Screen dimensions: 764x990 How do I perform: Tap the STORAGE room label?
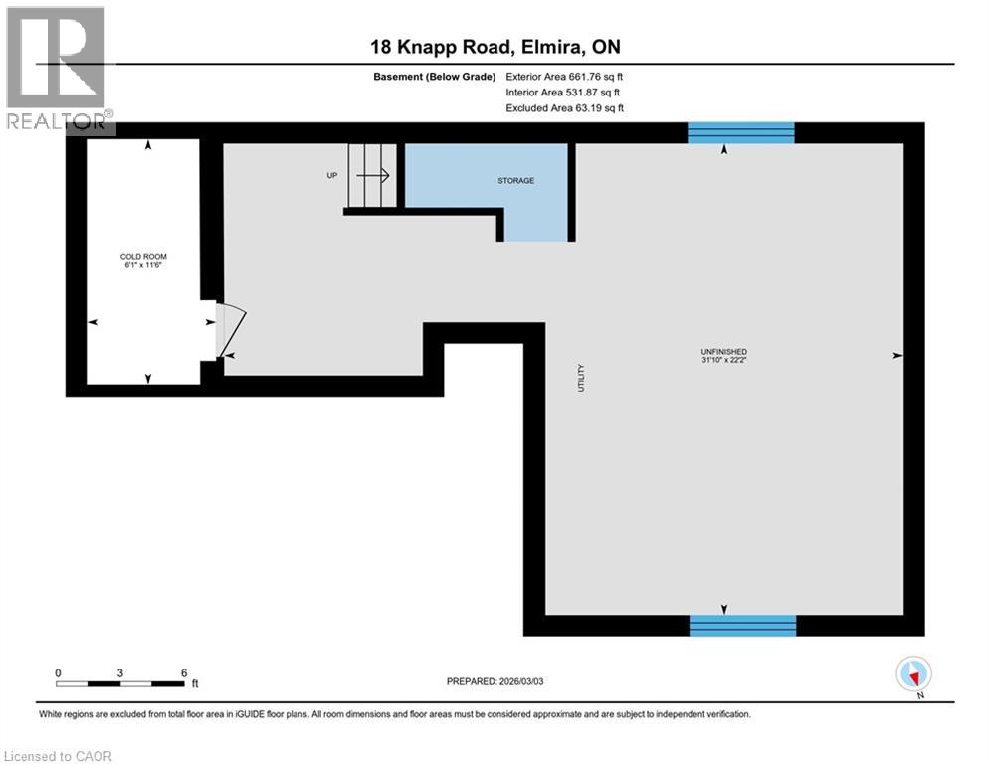click(x=516, y=181)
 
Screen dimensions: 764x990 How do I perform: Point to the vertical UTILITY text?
click(x=582, y=377)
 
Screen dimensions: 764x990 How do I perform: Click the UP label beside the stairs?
click(x=332, y=175)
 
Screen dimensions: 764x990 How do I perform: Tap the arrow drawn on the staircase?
click(x=373, y=175)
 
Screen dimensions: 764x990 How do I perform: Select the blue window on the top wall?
click(x=741, y=132)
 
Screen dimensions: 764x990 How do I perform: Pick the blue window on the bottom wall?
click(x=742, y=625)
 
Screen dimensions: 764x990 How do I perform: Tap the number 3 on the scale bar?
click(x=119, y=673)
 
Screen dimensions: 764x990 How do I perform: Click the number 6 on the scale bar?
click(x=184, y=673)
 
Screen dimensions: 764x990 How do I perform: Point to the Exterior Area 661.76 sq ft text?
click(x=565, y=76)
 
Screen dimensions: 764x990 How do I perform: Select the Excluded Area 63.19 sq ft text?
click(x=565, y=108)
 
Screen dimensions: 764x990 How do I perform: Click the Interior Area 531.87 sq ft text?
click(x=563, y=93)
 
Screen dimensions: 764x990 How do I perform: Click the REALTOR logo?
click(x=57, y=68)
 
